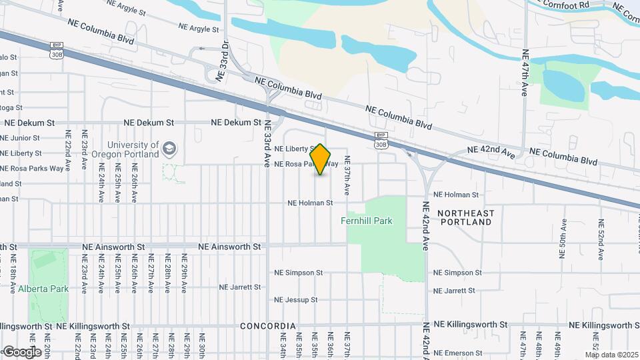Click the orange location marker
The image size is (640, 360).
coord(321,159)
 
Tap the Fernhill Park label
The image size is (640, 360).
coord(367,221)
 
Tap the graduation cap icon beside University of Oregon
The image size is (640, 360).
coord(170,148)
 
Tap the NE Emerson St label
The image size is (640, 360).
coord(457,353)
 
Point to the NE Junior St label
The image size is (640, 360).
coord(20,138)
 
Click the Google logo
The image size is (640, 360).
coord(21,351)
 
